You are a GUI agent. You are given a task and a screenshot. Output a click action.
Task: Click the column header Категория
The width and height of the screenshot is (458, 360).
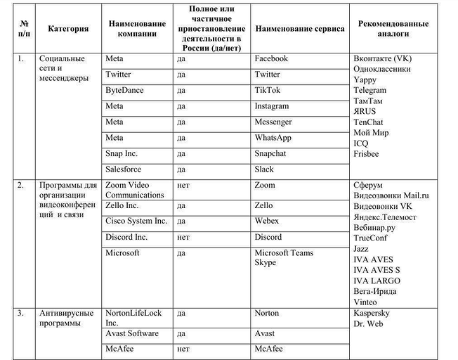coord(68,29)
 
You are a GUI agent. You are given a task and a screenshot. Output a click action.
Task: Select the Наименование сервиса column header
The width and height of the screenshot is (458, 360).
coord(300,29)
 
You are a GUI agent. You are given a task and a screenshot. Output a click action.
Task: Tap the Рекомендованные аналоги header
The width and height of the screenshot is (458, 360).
coord(393,29)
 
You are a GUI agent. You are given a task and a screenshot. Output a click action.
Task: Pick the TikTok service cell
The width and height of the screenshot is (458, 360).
coord(268,90)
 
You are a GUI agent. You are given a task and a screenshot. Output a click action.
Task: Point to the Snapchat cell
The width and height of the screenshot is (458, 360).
coord(271,153)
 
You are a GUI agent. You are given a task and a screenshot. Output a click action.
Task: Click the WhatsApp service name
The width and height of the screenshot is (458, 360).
coord(273,138)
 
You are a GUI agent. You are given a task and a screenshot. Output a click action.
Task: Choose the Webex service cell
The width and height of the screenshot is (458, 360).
coord(267,221)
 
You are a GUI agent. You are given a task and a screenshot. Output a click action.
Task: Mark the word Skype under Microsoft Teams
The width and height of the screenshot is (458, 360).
coord(265,263)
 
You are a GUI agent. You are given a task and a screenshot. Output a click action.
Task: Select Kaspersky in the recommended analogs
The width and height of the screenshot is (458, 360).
coord(372,313)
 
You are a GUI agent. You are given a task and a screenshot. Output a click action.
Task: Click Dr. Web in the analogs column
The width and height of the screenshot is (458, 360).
coord(368,323)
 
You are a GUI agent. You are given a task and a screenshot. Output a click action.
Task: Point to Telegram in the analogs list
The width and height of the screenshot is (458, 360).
coord(369,90)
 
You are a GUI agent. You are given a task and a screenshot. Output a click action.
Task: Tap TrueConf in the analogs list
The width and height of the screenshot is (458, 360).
coord(371,238)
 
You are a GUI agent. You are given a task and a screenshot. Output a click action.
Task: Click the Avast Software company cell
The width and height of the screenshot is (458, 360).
coord(132,333)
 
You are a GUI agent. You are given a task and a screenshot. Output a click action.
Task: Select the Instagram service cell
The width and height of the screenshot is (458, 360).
coord(272,106)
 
